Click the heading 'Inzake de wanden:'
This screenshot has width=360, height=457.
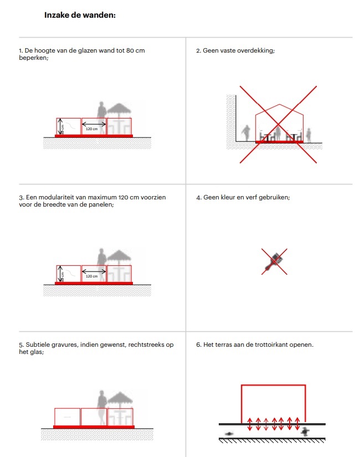pos(80,15)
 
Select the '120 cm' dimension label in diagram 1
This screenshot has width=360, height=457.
pos(92,129)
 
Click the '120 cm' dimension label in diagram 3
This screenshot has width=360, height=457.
pos(92,276)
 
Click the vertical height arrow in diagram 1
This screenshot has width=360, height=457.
pos(59,128)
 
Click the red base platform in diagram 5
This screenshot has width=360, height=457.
pos(94,427)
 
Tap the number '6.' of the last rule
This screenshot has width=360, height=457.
pos(199,345)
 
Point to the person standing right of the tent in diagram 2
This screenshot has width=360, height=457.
pos(308,135)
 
